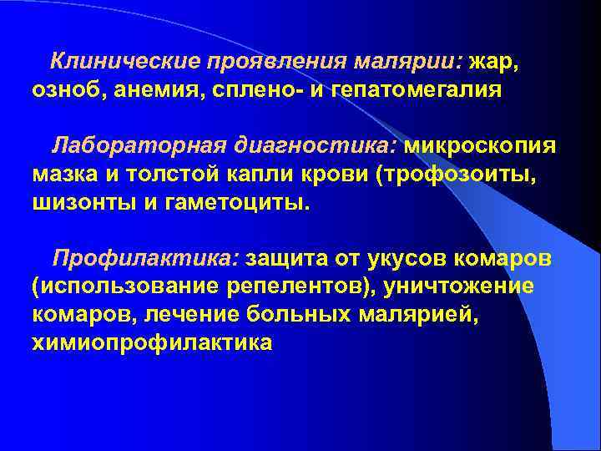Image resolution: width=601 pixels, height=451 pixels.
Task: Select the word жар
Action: (x=497, y=61)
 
